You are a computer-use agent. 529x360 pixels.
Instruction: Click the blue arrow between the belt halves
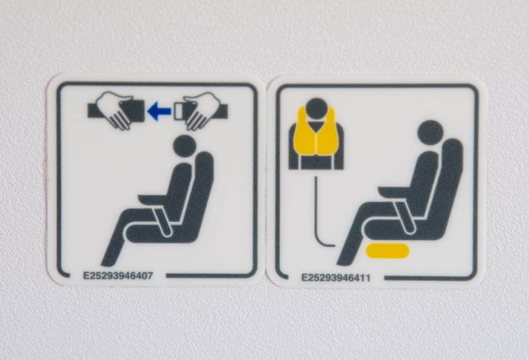(159, 112)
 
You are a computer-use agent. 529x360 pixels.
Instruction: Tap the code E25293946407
(118, 276)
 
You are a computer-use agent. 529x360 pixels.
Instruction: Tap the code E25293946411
(336, 278)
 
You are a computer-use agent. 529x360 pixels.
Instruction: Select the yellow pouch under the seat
(388, 251)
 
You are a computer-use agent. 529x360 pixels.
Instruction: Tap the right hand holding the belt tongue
(200, 112)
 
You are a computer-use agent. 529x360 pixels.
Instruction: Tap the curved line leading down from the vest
(317, 216)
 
